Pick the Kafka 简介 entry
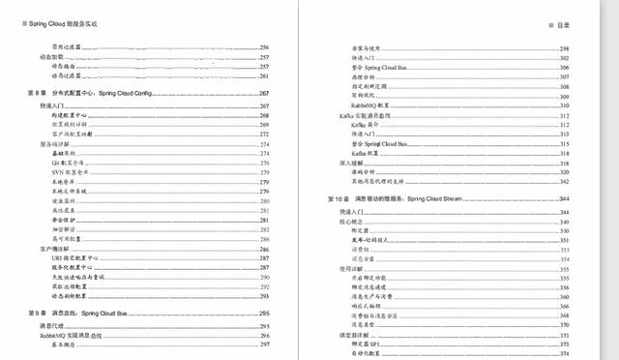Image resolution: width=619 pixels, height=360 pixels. (x=366, y=125)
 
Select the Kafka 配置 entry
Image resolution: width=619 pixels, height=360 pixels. (x=366, y=153)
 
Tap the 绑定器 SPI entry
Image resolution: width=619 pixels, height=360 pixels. (x=368, y=344)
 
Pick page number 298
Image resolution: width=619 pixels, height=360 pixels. (x=564, y=47)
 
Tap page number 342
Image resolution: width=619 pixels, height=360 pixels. (x=564, y=182)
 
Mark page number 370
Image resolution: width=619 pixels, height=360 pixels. (x=564, y=324)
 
